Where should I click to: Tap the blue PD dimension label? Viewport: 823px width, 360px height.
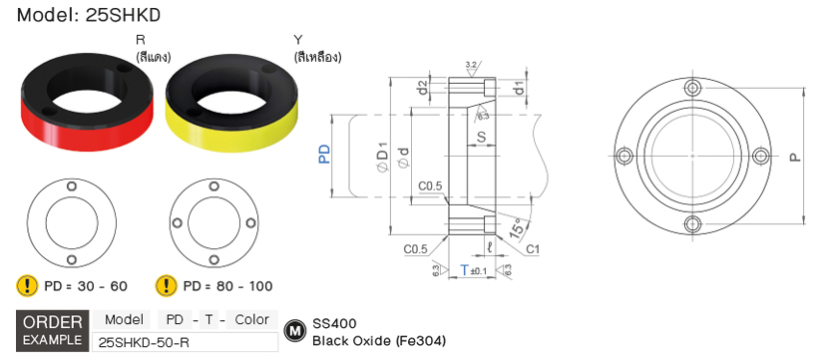325,155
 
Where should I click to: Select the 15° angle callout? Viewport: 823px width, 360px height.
517,227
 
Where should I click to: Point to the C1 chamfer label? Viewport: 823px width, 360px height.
533,249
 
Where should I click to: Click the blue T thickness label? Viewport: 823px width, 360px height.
464,269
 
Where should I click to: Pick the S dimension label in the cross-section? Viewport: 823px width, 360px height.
481,137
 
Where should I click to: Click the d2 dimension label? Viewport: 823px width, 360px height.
423,88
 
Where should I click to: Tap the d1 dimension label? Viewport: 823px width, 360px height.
519,87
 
